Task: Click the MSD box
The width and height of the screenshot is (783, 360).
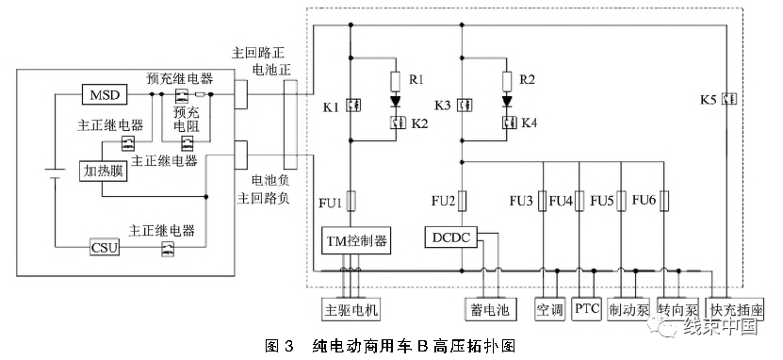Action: point(101,95)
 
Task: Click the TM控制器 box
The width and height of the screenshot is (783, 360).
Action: point(351,242)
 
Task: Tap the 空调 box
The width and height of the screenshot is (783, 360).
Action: point(549,310)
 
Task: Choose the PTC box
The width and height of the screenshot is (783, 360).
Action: point(587,310)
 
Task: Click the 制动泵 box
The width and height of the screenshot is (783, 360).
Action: point(627,310)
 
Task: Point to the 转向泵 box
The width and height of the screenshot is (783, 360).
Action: point(677,310)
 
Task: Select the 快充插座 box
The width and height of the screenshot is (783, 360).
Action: point(738,310)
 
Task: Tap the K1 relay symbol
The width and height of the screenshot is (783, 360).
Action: point(351,105)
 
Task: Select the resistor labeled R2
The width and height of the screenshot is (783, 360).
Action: point(507,79)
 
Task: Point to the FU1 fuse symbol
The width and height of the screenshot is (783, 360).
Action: point(351,201)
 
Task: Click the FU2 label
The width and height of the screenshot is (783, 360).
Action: point(443,201)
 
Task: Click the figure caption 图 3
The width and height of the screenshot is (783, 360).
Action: point(282,347)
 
